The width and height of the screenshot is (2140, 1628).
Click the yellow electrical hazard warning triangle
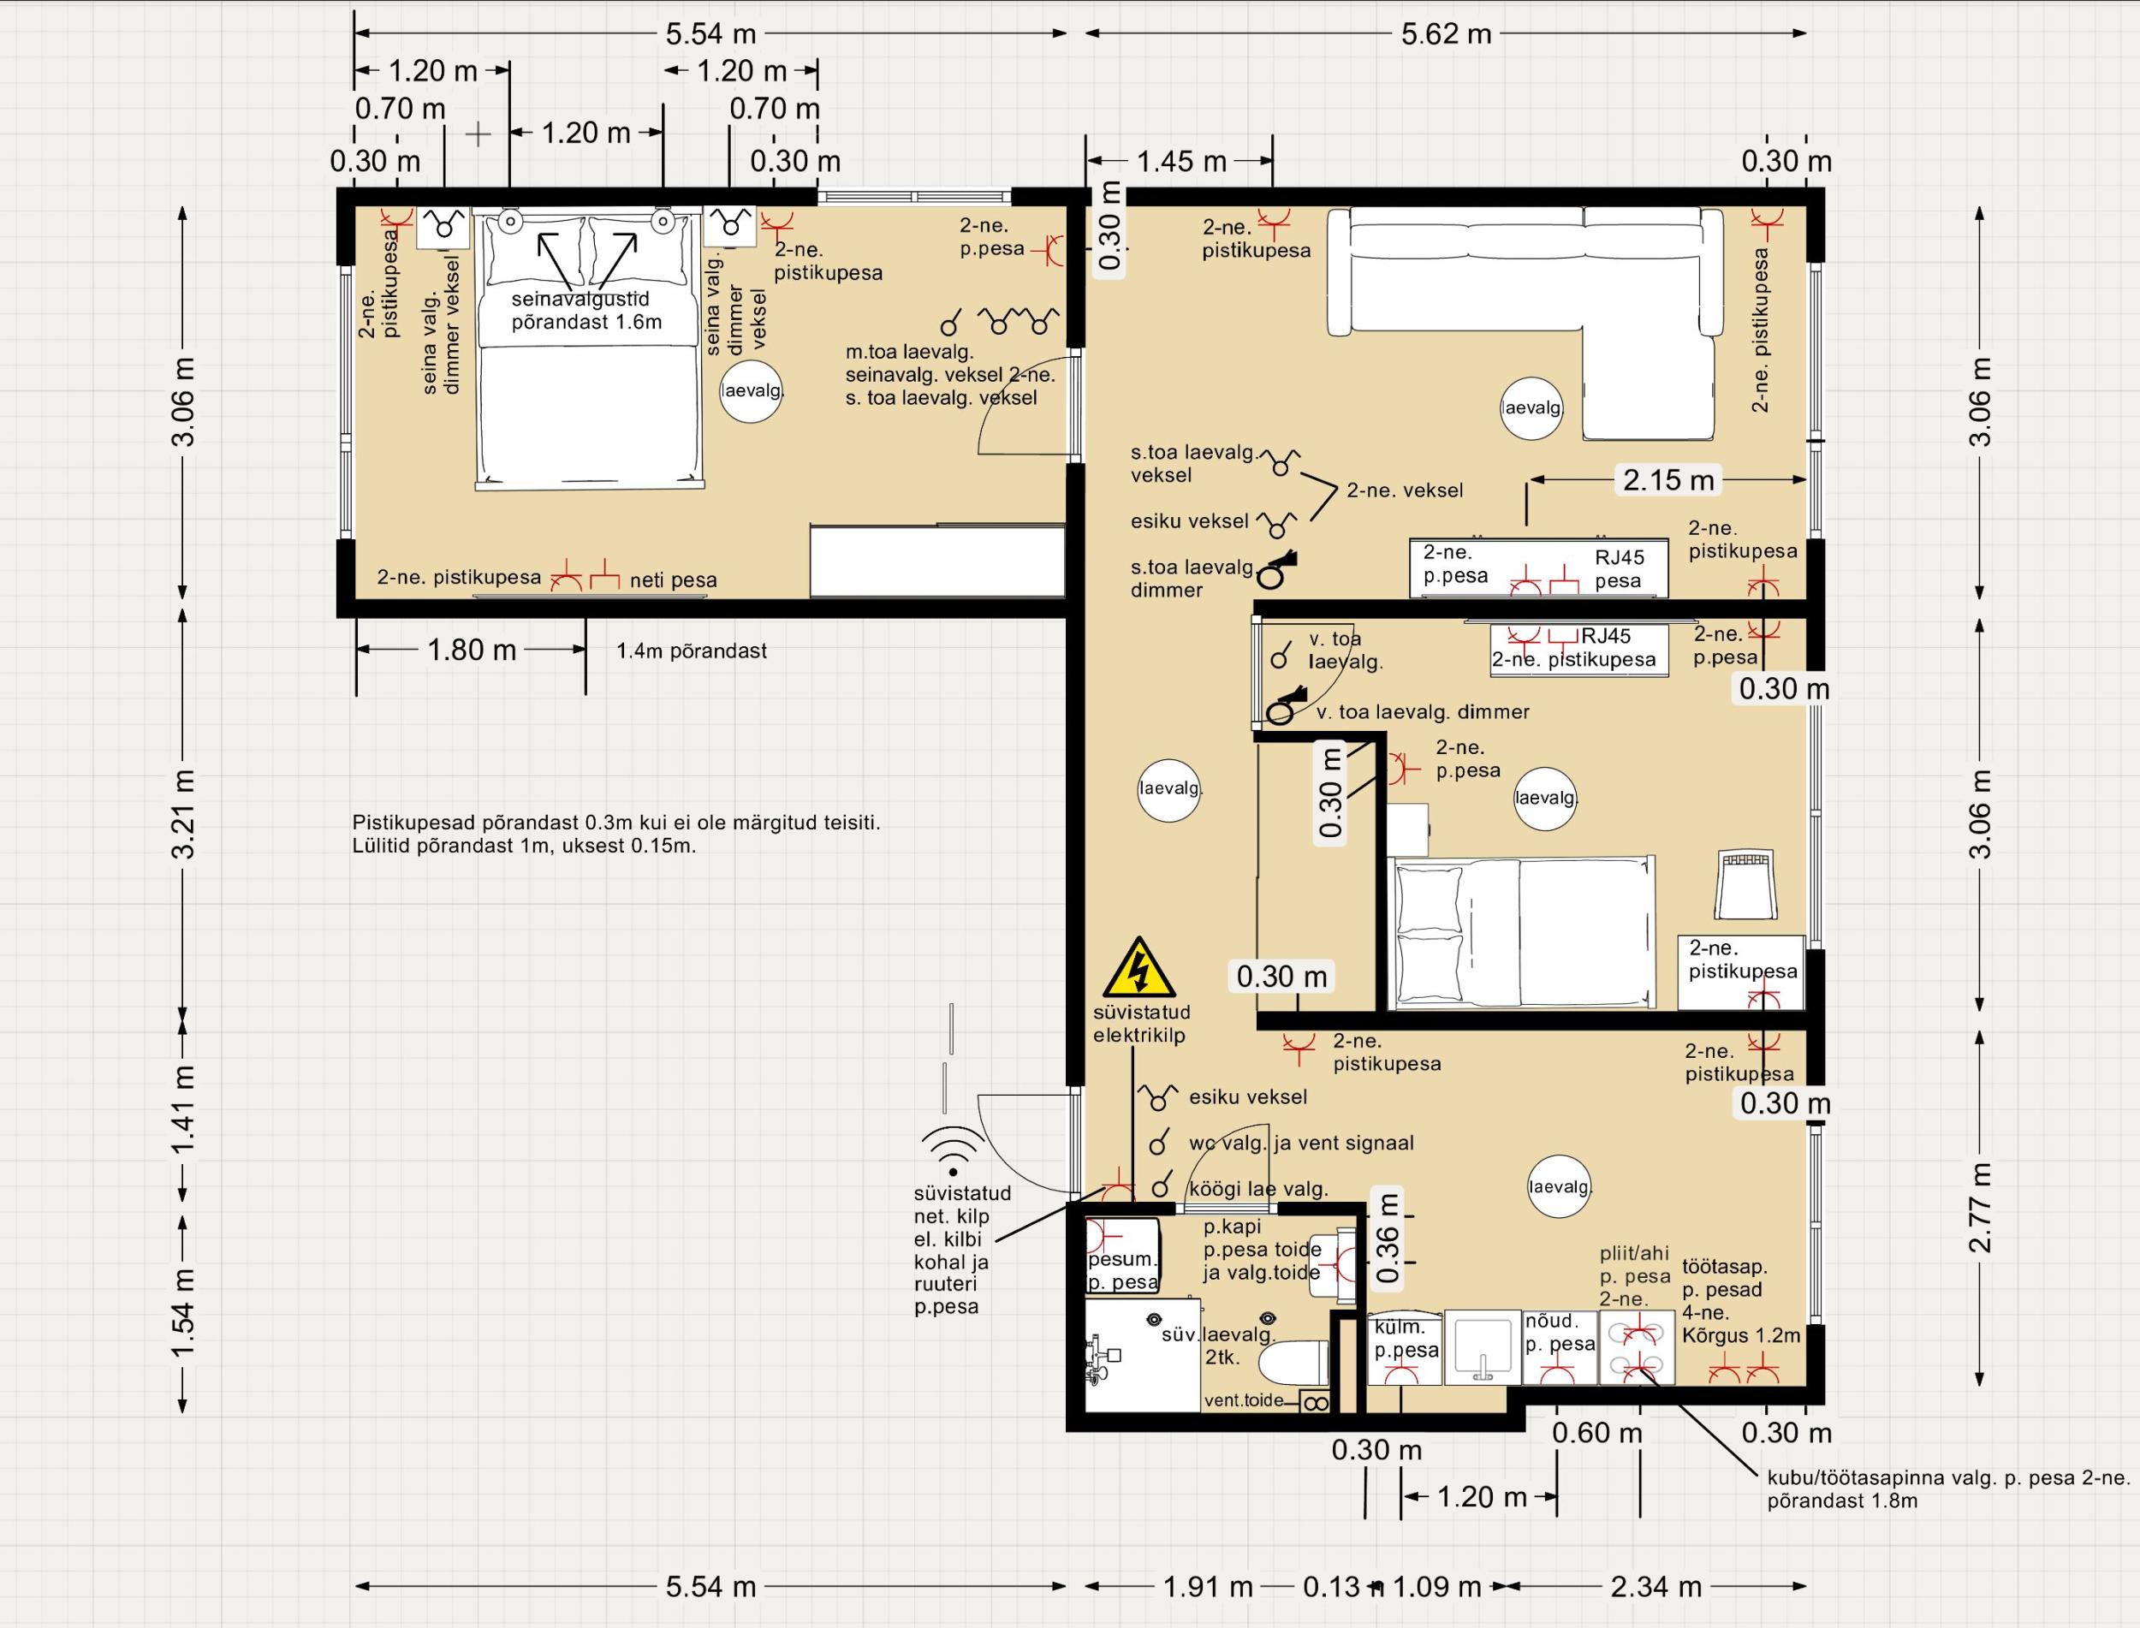click(x=1140, y=968)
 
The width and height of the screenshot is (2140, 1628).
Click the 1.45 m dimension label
click(x=1181, y=161)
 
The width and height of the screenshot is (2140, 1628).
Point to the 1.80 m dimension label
click(x=472, y=650)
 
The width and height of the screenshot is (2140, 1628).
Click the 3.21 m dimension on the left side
click(x=183, y=813)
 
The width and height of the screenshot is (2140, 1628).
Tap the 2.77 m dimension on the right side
click(x=1982, y=1208)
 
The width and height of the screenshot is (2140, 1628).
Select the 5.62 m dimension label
click(x=1446, y=34)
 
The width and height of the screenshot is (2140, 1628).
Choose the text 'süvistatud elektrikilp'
click(x=1142, y=1024)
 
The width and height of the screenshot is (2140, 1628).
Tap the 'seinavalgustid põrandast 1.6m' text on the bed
click(x=586, y=311)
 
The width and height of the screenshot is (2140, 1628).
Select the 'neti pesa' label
click(x=674, y=580)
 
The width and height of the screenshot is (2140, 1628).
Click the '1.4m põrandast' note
click(x=692, y=651)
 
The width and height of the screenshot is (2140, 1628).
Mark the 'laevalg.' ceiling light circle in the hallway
click(x=1170, y=789)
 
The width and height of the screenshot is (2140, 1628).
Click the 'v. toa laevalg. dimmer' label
click(x=1423, y=712)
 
